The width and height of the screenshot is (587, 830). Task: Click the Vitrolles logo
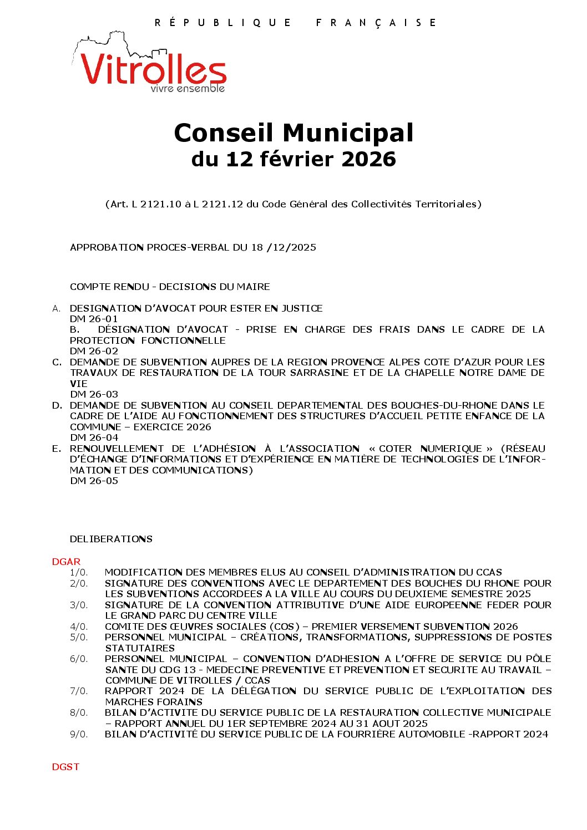point(150,64)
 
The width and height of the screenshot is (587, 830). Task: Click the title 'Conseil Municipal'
point(293,133)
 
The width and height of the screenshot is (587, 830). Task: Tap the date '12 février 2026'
point(311,159)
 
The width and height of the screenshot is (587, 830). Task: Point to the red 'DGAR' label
point(66,562)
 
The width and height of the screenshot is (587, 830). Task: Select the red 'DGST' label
point(65,767)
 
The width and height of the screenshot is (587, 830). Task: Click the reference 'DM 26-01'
point(94,319)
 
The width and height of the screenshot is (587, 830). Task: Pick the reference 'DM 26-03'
point(94,394)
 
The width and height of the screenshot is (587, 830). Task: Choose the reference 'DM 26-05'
point(94,481)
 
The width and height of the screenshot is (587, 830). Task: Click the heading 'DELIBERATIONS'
point(111,539)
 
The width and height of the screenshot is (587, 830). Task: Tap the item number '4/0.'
point(79,627)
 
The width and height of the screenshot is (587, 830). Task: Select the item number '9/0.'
point(79,734)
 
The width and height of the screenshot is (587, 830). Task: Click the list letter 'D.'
point(57,405)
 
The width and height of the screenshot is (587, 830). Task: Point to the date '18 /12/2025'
point(284,247)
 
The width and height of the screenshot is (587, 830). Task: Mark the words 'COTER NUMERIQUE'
point(431,449)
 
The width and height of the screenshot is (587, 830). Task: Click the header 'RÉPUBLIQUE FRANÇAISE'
point(295,23)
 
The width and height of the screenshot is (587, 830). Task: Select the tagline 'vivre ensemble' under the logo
point(188,89)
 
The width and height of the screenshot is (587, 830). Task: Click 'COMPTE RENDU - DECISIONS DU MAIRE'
point(170,287)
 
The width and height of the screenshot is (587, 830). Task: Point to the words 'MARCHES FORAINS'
point(154,702)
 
